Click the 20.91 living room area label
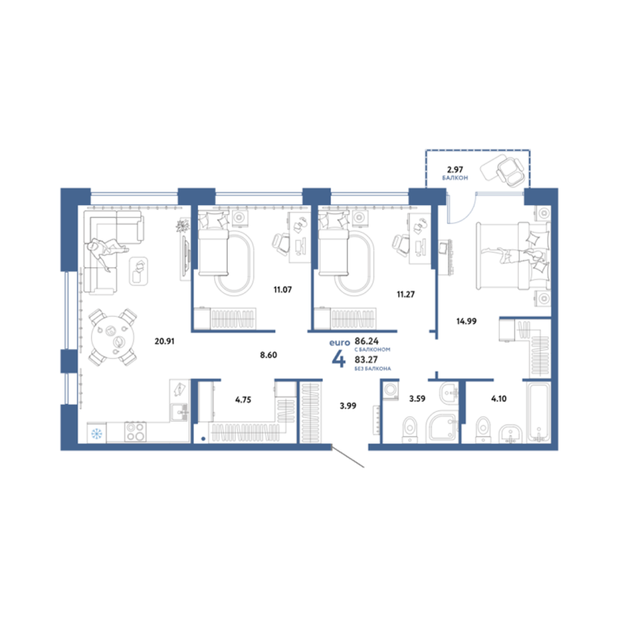[164, 341]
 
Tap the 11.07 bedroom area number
[282, 290]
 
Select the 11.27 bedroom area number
[406, 295]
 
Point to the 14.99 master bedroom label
[466, 321]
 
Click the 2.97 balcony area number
[455, 170]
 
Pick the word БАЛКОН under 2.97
[455, 178]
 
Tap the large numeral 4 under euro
[339, 359]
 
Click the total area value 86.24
[367, 341]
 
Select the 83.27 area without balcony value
[366, 360]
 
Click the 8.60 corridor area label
[269, 355]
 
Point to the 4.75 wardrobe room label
[243, 400]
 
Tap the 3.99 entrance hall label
[348, 406]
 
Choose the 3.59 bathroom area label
[417, 399]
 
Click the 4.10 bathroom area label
[499, 399]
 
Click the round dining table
[113, 337]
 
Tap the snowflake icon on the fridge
[97, 434]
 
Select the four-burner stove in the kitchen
[135, 431]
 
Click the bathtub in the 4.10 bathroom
[538, 412]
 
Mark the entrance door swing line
[348, 456]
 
